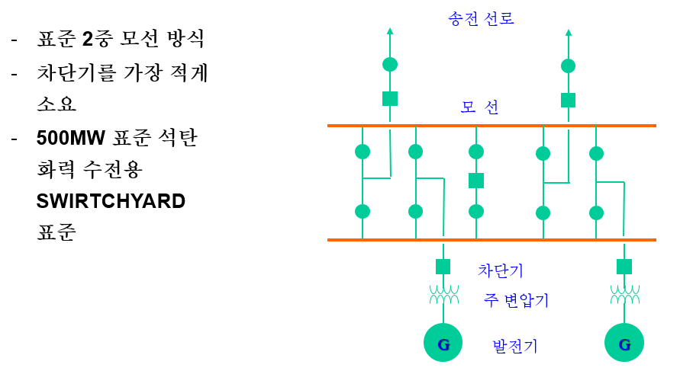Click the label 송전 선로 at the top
pos(481,18)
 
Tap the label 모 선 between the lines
pos(479,107)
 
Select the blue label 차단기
pos(501,270)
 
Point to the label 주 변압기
pos(517,299)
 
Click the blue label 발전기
pos(515,346)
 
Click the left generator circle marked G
pos(443,343)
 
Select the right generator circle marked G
pos(624,343)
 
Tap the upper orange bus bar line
pos(491,125)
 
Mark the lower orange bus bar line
pos(491,240)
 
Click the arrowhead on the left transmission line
pos(390,31)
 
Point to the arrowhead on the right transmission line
pos(568,32)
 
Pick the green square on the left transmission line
pos(390,98)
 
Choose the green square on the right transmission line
pos(568,100)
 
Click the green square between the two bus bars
pos(476,181)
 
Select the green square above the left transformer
pos(443,267)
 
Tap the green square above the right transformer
pos(624,267)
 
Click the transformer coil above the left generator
pos(443,294)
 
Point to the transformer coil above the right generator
pos(624,294)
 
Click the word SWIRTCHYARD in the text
pos(111,201)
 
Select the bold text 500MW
pos(71,139)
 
